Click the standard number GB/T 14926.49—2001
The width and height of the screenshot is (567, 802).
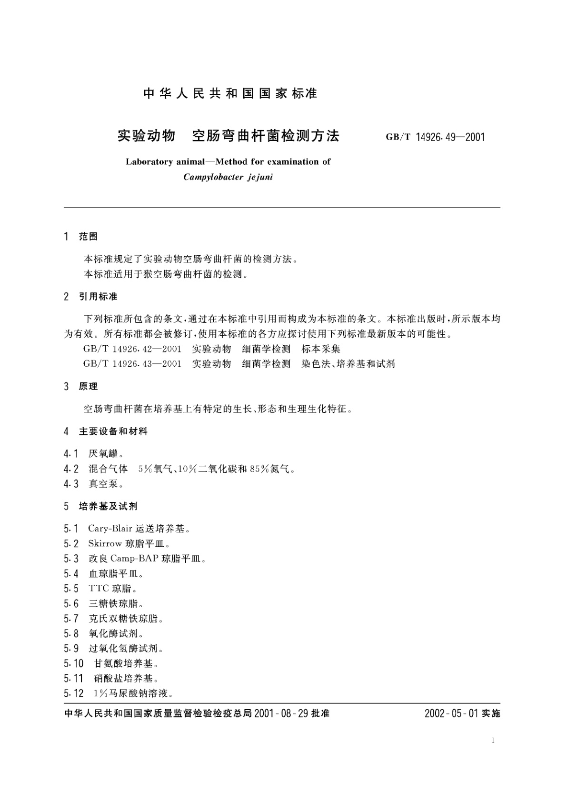(x=435, y=137)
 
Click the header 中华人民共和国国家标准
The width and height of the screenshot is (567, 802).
(x=230, y=93)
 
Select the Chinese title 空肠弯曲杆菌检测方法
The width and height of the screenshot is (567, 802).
(x=266, y=136)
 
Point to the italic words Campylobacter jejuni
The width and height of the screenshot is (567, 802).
(x=228, y=177)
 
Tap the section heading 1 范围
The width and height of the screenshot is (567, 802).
(x=81, y=236)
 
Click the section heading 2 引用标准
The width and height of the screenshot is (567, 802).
(x=90, y=297)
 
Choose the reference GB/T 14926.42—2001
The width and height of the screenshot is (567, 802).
(x=132, y=349)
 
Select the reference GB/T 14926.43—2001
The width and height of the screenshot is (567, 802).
(x=132, y=364)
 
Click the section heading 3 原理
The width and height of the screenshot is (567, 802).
(x=81, y=386)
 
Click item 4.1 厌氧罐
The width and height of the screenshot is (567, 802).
(x=94, y=454)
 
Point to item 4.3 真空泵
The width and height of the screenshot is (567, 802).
(x=94, y=484)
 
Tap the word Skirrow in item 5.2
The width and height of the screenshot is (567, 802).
(x=105, y=543)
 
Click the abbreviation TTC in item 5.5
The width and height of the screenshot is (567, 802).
(x=99, y=589)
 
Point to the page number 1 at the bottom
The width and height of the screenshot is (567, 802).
(x=493, y=740)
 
